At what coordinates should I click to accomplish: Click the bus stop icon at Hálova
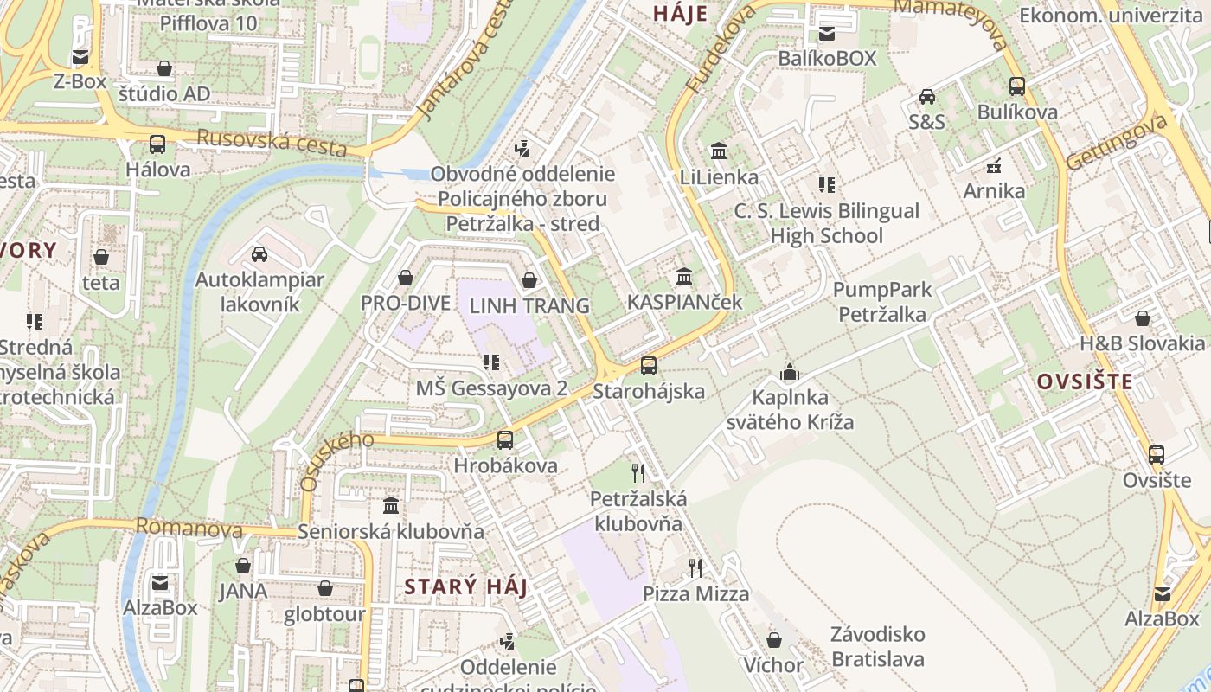coord(157,144)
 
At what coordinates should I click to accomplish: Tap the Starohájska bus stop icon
coord(649,366)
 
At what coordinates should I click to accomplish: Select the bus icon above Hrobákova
coord(505,439)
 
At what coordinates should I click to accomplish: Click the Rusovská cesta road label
coord(272,144)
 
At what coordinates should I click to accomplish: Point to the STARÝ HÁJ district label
coord(466,587)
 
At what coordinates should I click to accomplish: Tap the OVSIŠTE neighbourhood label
coord(1085,381)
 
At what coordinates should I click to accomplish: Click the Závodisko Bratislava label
coord(877,646)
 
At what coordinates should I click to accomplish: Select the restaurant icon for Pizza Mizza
coord(695,567)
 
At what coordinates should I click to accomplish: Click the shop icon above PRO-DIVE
coord(405,278)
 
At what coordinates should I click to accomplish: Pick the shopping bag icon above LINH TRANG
coord(529,280)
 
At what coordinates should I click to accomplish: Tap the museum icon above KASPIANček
coord(684,277)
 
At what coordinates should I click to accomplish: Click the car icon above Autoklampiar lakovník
coord(259,254)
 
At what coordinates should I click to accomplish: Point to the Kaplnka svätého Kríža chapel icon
coord(790,373)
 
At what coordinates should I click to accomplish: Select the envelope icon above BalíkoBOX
coord(827,34)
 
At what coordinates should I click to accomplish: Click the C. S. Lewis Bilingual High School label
coord(826,223)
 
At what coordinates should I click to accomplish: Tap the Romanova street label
coord(189,527)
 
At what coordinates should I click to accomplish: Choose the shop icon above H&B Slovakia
coord(1142,318)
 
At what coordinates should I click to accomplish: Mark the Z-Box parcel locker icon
coord(80,57)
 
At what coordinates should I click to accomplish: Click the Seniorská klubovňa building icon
coord(391,505)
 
